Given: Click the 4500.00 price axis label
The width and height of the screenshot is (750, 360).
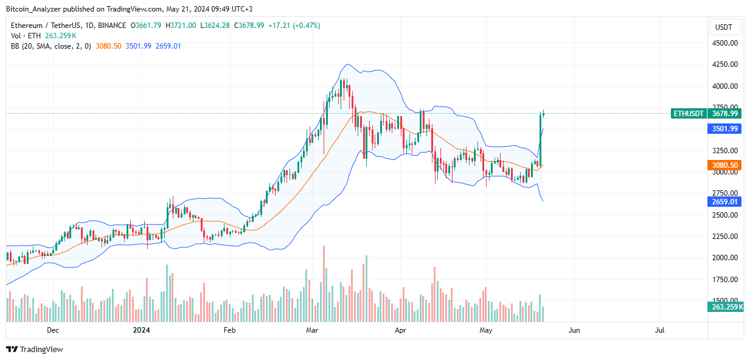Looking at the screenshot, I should coord(725,43).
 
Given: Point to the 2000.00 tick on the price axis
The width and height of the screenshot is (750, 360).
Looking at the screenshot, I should coord(725,258).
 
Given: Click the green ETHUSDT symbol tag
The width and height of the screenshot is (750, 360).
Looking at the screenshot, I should coord(688,114).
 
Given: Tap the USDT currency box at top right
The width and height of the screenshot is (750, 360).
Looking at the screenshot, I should coord(724,27).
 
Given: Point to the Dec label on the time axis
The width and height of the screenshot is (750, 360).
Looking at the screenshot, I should coord(53,330).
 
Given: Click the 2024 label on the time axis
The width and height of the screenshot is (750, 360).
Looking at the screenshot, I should coord(142,330).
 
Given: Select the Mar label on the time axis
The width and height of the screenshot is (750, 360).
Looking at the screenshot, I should coord(312,330).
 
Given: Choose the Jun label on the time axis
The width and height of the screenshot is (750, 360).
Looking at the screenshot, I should coord(574,330).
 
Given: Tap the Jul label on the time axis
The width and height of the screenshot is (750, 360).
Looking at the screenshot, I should coord(659,330).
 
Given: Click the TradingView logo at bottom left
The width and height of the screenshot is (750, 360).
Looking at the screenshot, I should coord(35,350).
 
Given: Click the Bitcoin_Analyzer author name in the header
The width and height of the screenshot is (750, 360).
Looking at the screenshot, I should coord(34,9).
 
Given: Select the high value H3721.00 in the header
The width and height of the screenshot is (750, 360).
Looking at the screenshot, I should coord(181,26).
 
